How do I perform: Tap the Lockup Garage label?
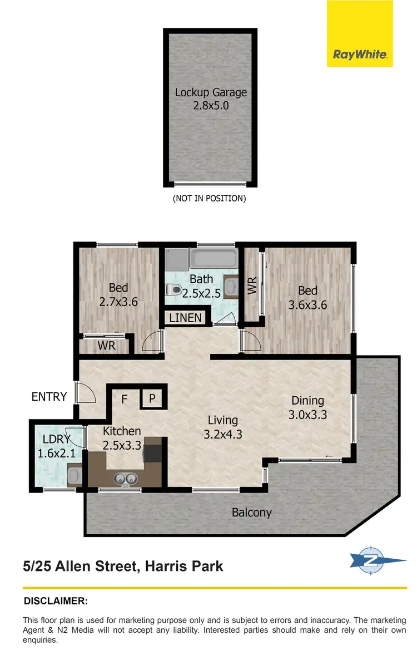[x=211, y=98]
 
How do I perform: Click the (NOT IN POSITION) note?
[x=209, y=198]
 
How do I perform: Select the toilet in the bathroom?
[x=173, y=289]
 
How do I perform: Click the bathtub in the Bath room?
[x=213, y=258]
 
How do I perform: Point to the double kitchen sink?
[x=126, y=477]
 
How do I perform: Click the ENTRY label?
[x=49, y=397]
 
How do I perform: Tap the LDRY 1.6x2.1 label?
[x=54, y=446]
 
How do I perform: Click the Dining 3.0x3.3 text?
[x=307, y=407]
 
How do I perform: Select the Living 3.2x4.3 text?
[x=222, y=427]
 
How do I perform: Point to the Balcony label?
[x=251, y=513]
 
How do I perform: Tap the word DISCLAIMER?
[x=56, y=601]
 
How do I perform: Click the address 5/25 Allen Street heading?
[x=123, y=567]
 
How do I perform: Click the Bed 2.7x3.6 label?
[x=118, y=295]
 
